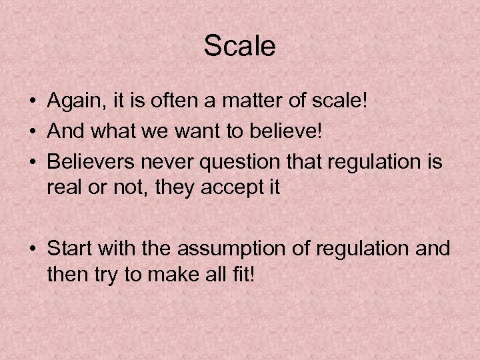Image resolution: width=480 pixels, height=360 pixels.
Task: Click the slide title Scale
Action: coord(239,46)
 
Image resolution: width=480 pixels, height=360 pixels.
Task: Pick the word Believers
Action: coord(90,160)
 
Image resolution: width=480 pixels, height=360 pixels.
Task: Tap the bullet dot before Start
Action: coord(32,249)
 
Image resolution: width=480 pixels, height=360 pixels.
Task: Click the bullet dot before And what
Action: coord(32,131)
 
